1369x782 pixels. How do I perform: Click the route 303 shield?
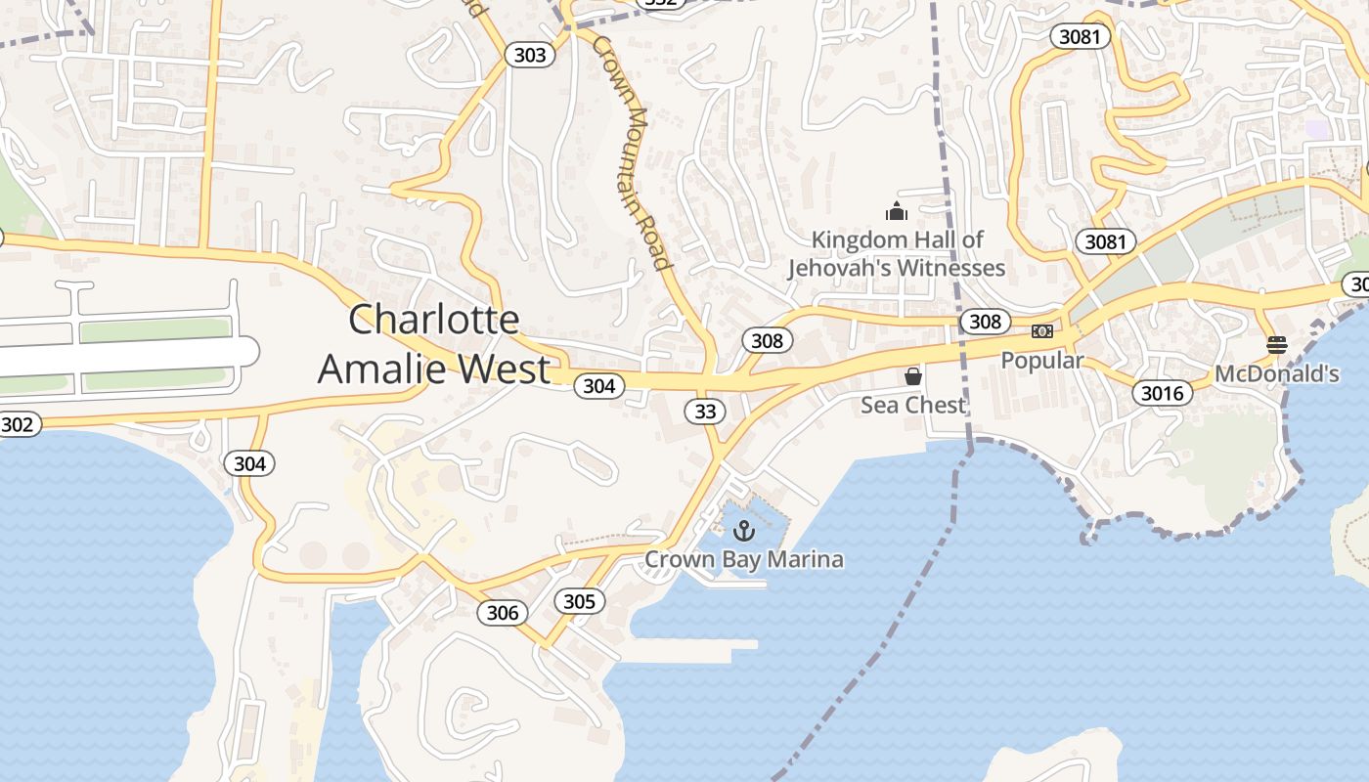coord(530,55)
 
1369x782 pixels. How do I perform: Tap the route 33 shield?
coord(705,412)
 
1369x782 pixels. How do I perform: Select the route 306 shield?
coord(503,613)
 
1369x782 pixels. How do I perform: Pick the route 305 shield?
coord(579,601)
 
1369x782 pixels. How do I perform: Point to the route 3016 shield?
coord(1162,394)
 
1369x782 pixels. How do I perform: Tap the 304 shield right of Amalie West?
coord(598,386)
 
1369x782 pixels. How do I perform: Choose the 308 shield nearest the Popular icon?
coord(985,322)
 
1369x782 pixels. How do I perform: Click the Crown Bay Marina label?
coord(743,560)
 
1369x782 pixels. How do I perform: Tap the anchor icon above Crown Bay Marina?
coord(744,531)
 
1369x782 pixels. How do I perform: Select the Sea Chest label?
coord(912,405)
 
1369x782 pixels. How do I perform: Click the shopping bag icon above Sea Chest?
coord(913,376)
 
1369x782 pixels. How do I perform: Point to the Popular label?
coord(1042,361)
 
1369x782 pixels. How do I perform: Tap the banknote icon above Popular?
coord(1042,331)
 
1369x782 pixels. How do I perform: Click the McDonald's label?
coord(1277,373)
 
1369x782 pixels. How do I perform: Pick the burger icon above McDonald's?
coord(1276,344)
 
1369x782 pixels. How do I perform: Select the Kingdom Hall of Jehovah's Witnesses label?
coord(897,253)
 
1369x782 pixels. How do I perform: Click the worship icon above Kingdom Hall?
coord(896,210)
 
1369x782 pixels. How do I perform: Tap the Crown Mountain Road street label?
coord(633,153)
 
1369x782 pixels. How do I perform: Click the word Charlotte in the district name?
coord(434,320)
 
